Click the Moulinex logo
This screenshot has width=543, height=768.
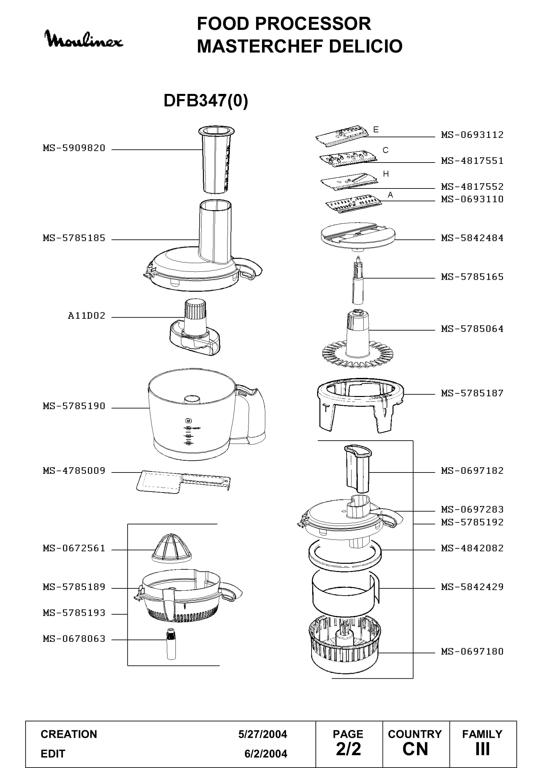(x=84, y=39)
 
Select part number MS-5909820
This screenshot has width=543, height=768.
(x=74, y=148)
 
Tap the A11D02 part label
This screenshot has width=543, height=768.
(x=87, y=316)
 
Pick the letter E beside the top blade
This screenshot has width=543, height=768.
(x=376, y=129)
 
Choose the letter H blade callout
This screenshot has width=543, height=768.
(x=386, y=174)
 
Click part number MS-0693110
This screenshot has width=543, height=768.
(x=472, y=199)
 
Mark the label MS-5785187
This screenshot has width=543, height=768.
(x=472, y=393)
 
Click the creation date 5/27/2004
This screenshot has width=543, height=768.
(x=263, y=734)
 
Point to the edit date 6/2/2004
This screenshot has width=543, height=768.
(x=266, y=754)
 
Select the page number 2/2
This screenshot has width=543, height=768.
(x=348, y=749)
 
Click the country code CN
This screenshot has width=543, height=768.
(x=415, y=749)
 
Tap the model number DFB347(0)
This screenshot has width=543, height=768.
(x=206, y=100)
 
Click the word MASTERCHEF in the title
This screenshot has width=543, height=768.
(x=261, y=46)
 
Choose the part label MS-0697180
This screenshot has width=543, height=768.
(x=472, y=651)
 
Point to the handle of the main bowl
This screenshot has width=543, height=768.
(x=254, y=415)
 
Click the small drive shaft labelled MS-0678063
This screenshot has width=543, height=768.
(x=171, y=644)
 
